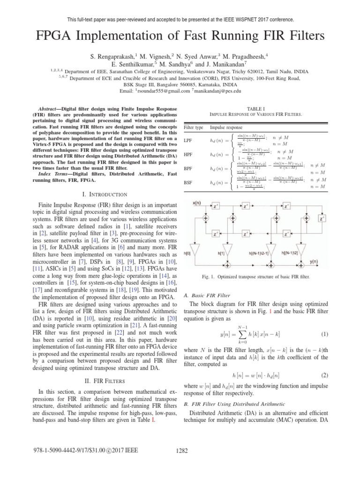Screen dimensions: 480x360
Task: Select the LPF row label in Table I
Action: [187, 140]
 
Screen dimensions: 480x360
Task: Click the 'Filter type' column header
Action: [193, 127]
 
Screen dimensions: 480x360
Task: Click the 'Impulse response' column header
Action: [226, 127]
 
